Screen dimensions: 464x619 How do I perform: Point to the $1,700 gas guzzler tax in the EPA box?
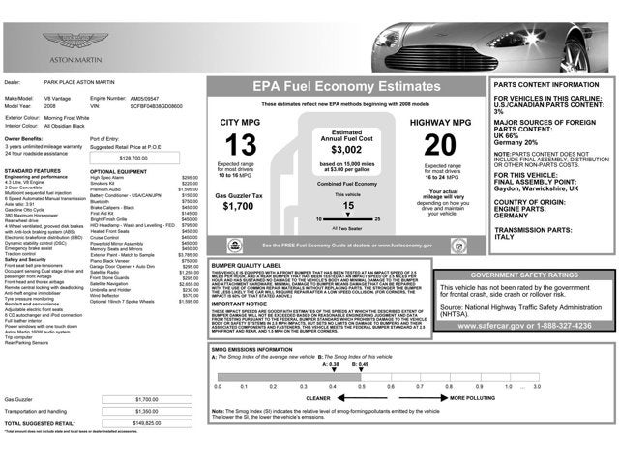coord(238,206)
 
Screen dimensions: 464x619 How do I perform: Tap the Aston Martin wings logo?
coord(61,40)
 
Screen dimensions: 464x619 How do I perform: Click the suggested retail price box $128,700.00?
coord(139,157)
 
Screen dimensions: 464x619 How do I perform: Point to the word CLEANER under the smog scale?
coord(318,397)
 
